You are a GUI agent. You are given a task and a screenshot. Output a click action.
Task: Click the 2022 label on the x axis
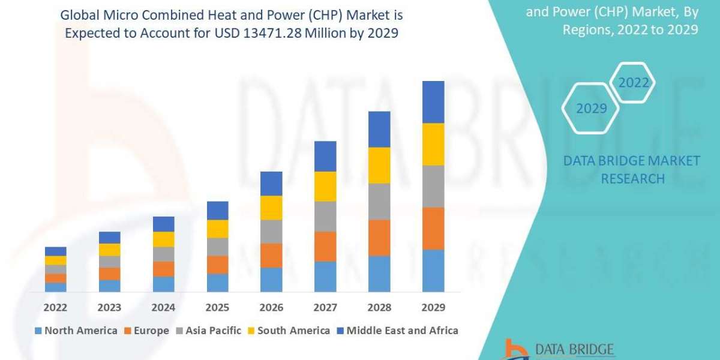click(55, 308)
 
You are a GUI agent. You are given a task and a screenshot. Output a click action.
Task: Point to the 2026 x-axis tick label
click(271, 308)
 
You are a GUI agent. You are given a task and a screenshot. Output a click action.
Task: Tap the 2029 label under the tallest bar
click(433, 308)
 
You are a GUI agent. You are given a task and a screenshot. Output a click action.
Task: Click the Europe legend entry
click(148, 331)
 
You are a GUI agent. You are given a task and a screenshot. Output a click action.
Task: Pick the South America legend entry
click(288, 331)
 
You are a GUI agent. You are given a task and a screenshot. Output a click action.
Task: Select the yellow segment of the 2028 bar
click(379, 165)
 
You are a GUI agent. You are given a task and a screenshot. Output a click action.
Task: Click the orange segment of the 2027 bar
click(325, 246)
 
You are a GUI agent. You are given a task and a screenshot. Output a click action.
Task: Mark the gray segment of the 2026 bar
click(271, 231)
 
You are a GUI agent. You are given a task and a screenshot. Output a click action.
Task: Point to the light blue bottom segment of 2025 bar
click(217, 283)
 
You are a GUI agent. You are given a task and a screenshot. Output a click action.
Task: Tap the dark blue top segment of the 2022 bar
click(55, 251)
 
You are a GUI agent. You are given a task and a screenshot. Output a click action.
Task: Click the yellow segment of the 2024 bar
click(163, 239)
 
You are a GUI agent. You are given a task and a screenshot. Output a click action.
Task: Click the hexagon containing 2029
click(591, 109)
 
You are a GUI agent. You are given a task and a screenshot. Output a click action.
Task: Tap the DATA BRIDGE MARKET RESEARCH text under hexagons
click(632, 169)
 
